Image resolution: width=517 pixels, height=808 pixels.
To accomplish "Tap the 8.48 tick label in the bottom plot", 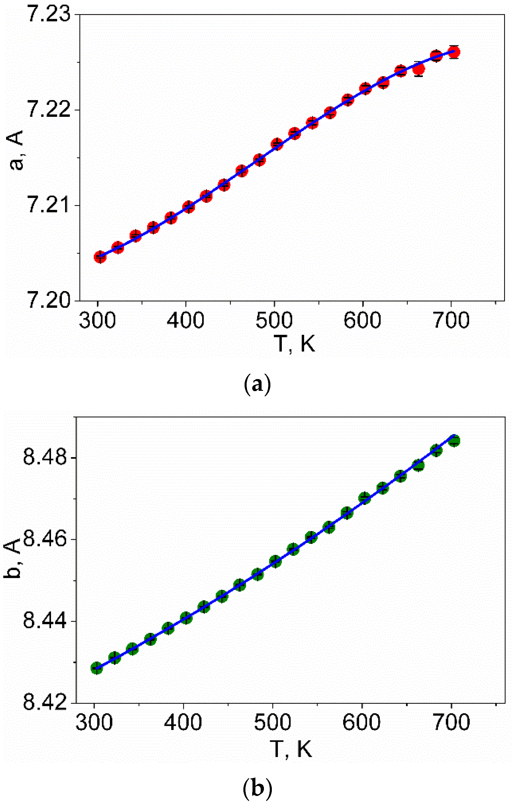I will tap(46, 457).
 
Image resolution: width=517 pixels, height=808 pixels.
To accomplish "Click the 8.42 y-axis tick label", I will tap(46, 701).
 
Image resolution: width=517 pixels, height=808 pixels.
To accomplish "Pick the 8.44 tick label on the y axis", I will tap(46, 620).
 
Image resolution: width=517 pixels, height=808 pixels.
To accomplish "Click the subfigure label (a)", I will tap(257, 385).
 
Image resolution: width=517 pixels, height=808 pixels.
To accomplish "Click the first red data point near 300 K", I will tap(100, 257).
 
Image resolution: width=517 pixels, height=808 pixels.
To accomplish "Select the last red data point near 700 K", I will tap(454, 52).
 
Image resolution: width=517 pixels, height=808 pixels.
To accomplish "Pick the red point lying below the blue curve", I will tap(418, 69).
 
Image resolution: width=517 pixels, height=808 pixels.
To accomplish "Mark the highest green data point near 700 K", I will tap(454, 440).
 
